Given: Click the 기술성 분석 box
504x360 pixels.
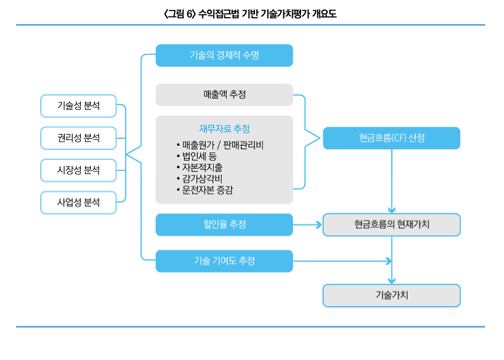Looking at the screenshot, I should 78,106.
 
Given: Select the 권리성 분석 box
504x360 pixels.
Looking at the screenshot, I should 78,138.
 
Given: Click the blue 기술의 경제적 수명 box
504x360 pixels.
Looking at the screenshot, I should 224,55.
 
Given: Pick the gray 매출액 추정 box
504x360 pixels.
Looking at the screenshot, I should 224,94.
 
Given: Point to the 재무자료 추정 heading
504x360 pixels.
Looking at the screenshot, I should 224,129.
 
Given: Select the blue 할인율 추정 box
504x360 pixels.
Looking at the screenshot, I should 224,224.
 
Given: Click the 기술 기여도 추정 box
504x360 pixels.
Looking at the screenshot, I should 224,261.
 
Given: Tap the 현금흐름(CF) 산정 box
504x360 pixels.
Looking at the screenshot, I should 391,138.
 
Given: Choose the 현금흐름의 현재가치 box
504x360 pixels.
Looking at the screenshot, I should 391,224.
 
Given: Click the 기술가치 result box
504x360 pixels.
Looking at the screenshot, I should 391,295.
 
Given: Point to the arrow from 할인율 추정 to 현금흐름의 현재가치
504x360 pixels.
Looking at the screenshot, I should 307,225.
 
